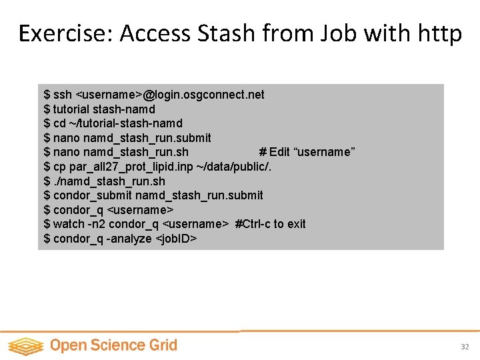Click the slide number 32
(x=465, y=347)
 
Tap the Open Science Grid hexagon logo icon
(x=25, y=346)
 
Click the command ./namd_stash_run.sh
(x=109, y=181)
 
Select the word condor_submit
(x=93, y=195)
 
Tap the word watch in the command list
(x=69, y=224)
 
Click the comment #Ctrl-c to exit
(x=271, y=224)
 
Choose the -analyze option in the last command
(x=129, y=239)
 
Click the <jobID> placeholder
(x=176, y=239)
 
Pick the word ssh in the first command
(x=63, y=95)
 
